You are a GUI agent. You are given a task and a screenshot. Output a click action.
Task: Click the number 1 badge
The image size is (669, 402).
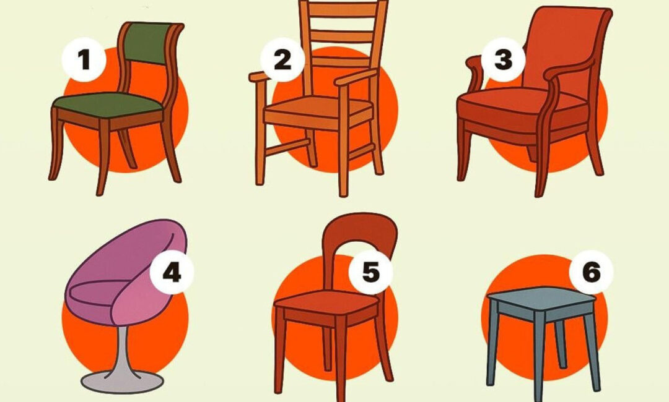pos(84,59)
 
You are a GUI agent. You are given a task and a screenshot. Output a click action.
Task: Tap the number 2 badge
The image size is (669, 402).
pos(282,59)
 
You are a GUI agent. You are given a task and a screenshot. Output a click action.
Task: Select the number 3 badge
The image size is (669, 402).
pos(503,59)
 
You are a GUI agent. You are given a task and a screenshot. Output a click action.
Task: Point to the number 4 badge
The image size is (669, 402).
pos(172,272)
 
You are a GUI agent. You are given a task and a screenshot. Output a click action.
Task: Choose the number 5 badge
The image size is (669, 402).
pos(370,272)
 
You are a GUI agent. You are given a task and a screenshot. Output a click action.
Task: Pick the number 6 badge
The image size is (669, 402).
pos(592,272)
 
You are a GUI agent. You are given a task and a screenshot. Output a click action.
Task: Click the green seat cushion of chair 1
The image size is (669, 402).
pos(108,105)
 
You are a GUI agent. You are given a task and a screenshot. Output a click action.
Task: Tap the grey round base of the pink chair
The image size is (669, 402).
pos(123,382)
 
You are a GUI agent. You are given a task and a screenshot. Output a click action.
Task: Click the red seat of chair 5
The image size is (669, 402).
pos(326,302)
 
